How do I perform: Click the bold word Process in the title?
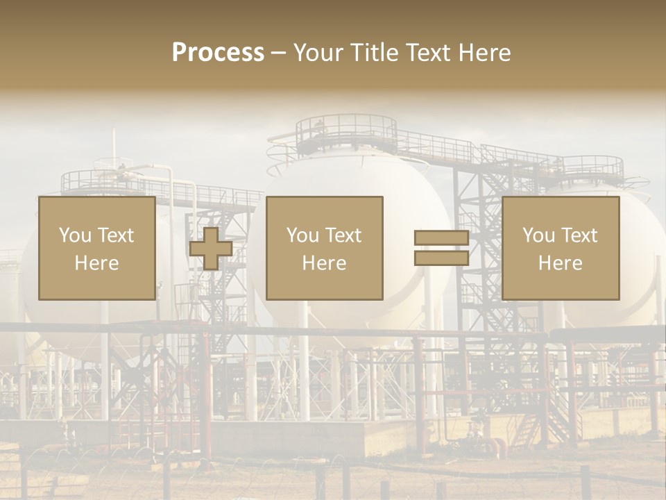click(x=218, y=52)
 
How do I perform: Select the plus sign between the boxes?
click(x=211, y=249)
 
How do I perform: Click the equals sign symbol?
click(x=441, y=249)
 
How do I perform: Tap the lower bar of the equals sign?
click(x=441, y=258)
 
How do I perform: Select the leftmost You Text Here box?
click(x=96, y=248)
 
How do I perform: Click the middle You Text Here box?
click(x=324, y=248)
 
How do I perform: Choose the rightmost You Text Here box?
click(x=560, y=248)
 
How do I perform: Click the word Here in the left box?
click(x=96, y=263)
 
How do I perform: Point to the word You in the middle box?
click(x=302, y=235)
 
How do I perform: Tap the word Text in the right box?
click(x=579, y=235)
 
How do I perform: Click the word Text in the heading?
click(x=427, y=52)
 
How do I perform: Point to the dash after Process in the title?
click(x=279, y=53)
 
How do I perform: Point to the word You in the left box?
click(x=75, y=235)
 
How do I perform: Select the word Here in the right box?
click(x=560, y=263)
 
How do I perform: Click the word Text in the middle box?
click(x=343, y=235)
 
